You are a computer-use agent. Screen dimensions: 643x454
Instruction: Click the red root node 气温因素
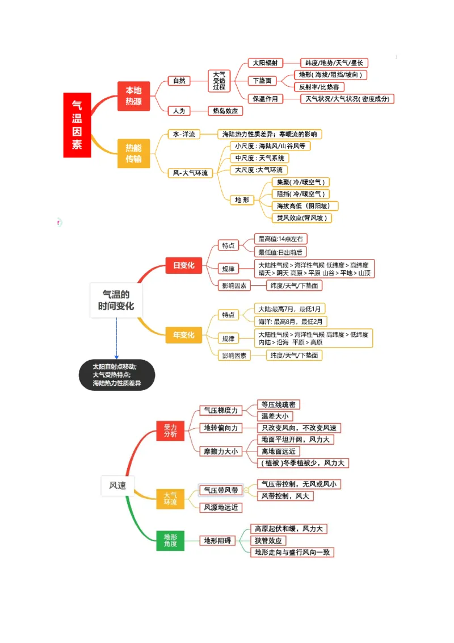click(x=77, y=125)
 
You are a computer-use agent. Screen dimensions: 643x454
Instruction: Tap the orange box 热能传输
click(x=134, y=153)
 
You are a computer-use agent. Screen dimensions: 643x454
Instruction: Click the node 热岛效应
click(x=225, y=111)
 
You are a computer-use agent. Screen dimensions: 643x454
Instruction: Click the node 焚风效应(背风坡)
click(x=302, y=218)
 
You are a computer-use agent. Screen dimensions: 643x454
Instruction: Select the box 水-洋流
click(x=184, y=135)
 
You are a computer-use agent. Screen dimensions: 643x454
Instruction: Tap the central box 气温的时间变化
click(x=116, y=300)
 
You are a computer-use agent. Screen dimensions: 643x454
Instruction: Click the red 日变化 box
click(x=183, y=265)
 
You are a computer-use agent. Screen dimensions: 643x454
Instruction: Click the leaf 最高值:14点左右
click(x=280, y=239)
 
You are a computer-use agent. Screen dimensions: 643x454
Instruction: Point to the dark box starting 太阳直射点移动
click(x=116, y=375)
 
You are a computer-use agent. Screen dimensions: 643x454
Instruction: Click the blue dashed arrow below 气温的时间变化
click(x=116, y=339)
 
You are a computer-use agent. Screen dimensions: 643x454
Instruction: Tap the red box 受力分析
click(x=170, y=431)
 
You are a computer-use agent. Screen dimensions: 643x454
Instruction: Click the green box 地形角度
click(x=170, y=540)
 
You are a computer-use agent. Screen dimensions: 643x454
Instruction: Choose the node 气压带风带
click(x=221, y=490)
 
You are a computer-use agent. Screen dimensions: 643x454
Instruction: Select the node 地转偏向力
click(x=221, y=428)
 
